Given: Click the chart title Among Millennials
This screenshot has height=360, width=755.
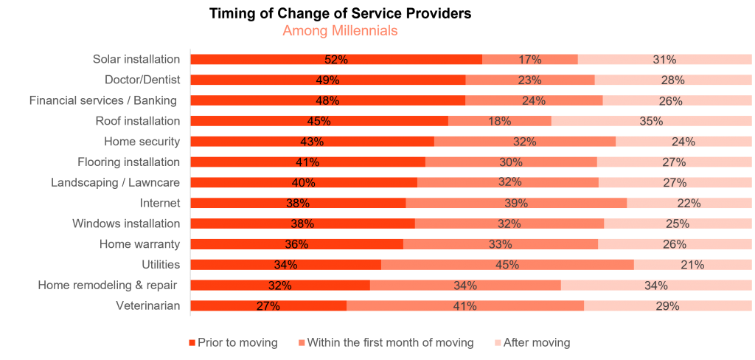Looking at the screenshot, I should click(x=340, y=31).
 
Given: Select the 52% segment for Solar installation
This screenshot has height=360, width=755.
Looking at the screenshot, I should click(x=336, y=60).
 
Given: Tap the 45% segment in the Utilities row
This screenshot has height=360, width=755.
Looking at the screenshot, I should click(x=507, y=265).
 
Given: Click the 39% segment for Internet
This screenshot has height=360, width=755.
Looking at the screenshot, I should click(x=516, y=203).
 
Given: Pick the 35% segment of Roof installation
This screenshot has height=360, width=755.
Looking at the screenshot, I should click(x=651, y=121).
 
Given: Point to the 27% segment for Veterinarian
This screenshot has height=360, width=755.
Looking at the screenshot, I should click(x=268, y=306).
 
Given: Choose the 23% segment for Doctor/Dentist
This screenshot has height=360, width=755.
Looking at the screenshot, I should click(x=530, y=80).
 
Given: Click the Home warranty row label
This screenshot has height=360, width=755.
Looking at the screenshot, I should click(x=139, y=243).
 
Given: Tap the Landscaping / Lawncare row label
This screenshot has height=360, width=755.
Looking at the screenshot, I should click(x=115, y=182).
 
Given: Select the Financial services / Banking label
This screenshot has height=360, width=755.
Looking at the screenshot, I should click(x=102, y=100).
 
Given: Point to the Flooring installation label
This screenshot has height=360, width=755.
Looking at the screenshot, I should click(x=128, y=162).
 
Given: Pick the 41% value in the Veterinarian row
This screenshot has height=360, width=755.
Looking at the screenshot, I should click(x=465, y=306).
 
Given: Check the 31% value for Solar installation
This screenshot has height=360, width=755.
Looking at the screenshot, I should click(x=664, y=60).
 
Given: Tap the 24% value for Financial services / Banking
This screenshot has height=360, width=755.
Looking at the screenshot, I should click(x=534, y=100).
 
